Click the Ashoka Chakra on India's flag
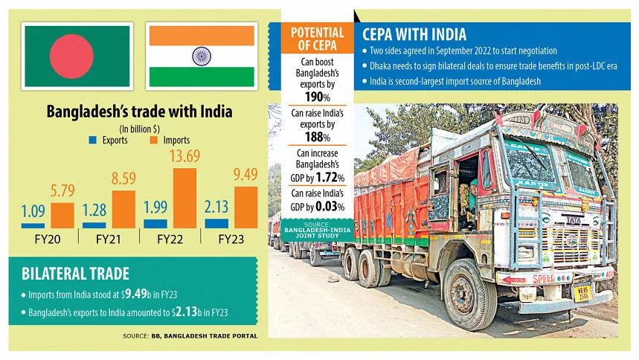202,56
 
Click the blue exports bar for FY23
216,223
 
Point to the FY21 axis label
109,240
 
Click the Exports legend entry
109,140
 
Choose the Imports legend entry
170,140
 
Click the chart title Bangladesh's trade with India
140,112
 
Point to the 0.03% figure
333,207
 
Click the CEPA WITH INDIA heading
415,34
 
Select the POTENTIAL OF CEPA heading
318,39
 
